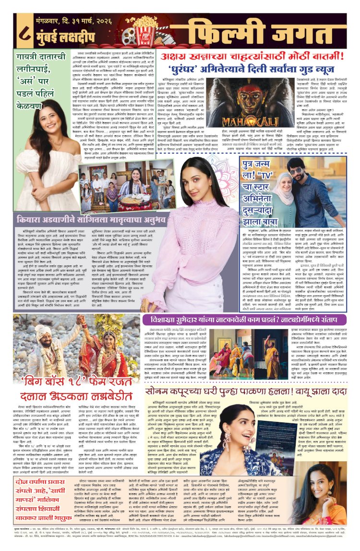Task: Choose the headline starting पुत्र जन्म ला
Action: tap(266, 176)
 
